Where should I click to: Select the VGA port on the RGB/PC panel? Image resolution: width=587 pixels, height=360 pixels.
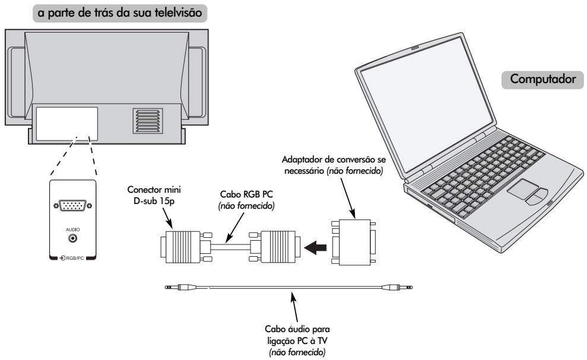(x=72, y=205)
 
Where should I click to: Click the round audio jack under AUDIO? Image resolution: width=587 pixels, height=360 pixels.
(x=73, y=238)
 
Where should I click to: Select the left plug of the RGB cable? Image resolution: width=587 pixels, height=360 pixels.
(x=179, y=244)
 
